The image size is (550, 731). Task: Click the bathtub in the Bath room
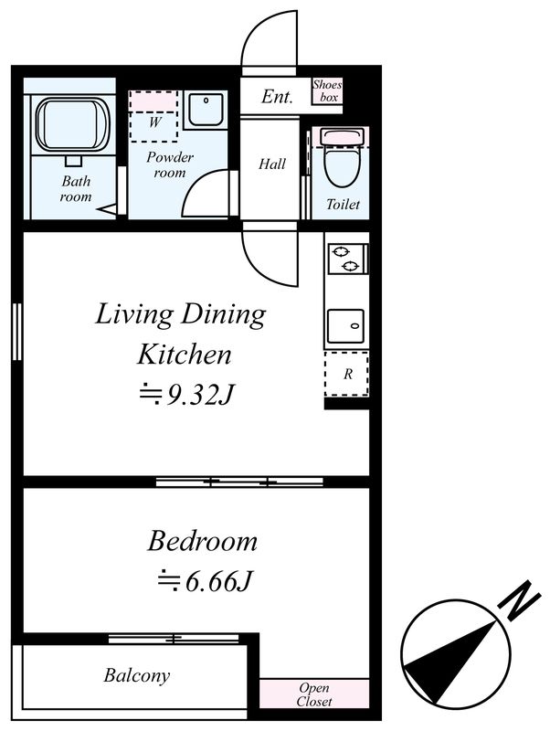[x=73, y=124]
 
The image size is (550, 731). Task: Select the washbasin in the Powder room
[x=206, y=110]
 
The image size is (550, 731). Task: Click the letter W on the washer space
[x=155, y=122]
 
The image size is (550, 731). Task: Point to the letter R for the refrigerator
[x=348, y=374]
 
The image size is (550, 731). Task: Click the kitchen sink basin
[x=345, y=326]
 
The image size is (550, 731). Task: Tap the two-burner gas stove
[x=347, y=259]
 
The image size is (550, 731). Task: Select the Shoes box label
[x=327, y=90]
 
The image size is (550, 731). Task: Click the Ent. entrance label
[x=278, y=97]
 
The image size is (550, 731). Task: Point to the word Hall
[x=272, y=164]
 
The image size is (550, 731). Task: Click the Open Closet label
[x=314, y=694]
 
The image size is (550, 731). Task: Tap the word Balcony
[x=136, y=675]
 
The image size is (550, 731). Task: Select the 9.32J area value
[x=199, y=396]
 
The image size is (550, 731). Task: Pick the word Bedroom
[x=203, y=542]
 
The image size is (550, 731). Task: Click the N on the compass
[x=519, y=600]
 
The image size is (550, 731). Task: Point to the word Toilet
[x=343, y=204]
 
